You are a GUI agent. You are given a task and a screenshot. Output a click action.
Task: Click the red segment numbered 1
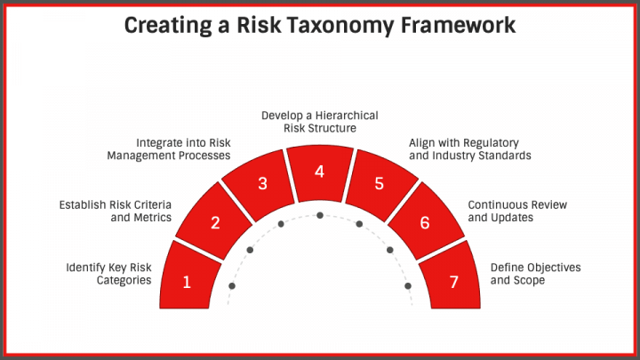(188, 283)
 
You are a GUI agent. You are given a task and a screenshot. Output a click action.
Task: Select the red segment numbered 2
(215, 223)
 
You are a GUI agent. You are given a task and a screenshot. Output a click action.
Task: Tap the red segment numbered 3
(262, 184)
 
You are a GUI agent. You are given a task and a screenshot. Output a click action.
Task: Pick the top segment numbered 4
(320, 171)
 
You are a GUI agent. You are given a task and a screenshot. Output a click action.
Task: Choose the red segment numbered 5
(379, 184)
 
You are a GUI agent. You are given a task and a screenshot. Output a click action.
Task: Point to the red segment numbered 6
(425, 223)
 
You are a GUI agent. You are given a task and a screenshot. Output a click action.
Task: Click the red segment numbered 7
(453, 283)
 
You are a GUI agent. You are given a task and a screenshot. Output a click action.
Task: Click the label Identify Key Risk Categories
(108, 274)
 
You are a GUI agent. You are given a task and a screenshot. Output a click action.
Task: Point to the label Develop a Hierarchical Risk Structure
(320, 122)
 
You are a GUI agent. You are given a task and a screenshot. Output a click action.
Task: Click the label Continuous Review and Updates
(517, 211)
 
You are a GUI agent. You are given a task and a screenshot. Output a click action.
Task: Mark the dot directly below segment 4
(320, 216)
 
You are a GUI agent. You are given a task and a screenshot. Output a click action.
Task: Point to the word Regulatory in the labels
(487, 142)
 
